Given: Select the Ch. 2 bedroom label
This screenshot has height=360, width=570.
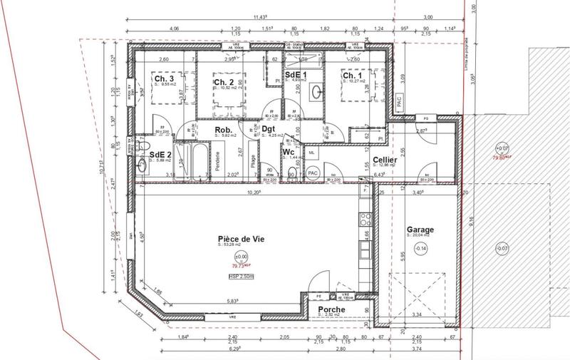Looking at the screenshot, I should pos(224,83).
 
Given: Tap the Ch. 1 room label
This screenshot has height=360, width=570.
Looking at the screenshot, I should pos(351,76).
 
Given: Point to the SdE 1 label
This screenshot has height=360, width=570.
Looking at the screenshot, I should pos(295,75).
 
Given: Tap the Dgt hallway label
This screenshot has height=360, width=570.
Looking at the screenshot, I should pos(269,129).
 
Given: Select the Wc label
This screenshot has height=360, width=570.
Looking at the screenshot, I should pos(289,153).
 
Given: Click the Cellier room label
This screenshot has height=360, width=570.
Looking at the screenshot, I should pos(384,160).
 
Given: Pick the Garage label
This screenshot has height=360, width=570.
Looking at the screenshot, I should pos(420,230).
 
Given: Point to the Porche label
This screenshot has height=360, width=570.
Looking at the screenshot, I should pos(328,309).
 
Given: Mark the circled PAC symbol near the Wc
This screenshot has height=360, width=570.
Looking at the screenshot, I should pos(312,173).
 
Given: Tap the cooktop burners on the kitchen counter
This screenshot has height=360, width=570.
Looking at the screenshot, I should pos(367,214).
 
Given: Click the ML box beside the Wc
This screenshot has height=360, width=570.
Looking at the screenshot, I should pos(312,151).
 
